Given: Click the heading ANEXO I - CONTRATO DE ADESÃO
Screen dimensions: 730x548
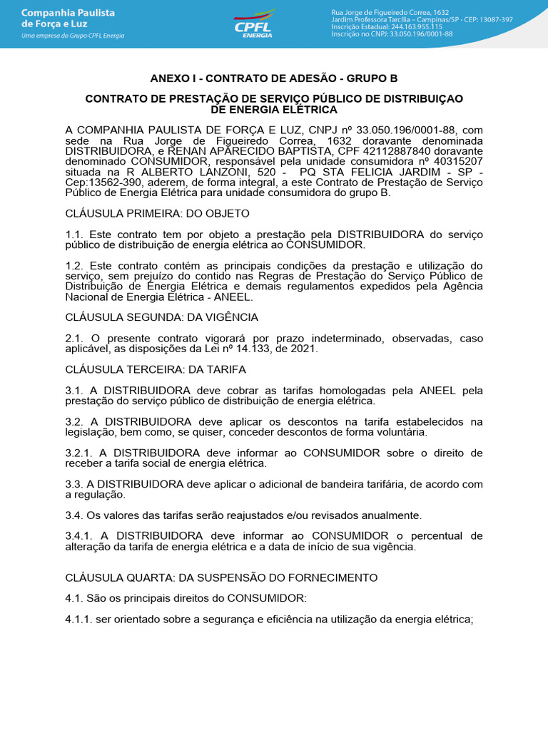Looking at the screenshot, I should [273, 78].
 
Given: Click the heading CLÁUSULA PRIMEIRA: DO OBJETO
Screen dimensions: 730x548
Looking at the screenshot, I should [157, 213].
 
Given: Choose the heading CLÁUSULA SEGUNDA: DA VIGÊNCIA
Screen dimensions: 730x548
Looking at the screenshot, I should [162, 317].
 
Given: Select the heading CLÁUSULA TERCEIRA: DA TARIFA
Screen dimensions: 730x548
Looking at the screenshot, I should [156, 369].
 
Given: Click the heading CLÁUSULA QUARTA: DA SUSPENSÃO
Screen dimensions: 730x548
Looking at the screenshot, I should [221, 577].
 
